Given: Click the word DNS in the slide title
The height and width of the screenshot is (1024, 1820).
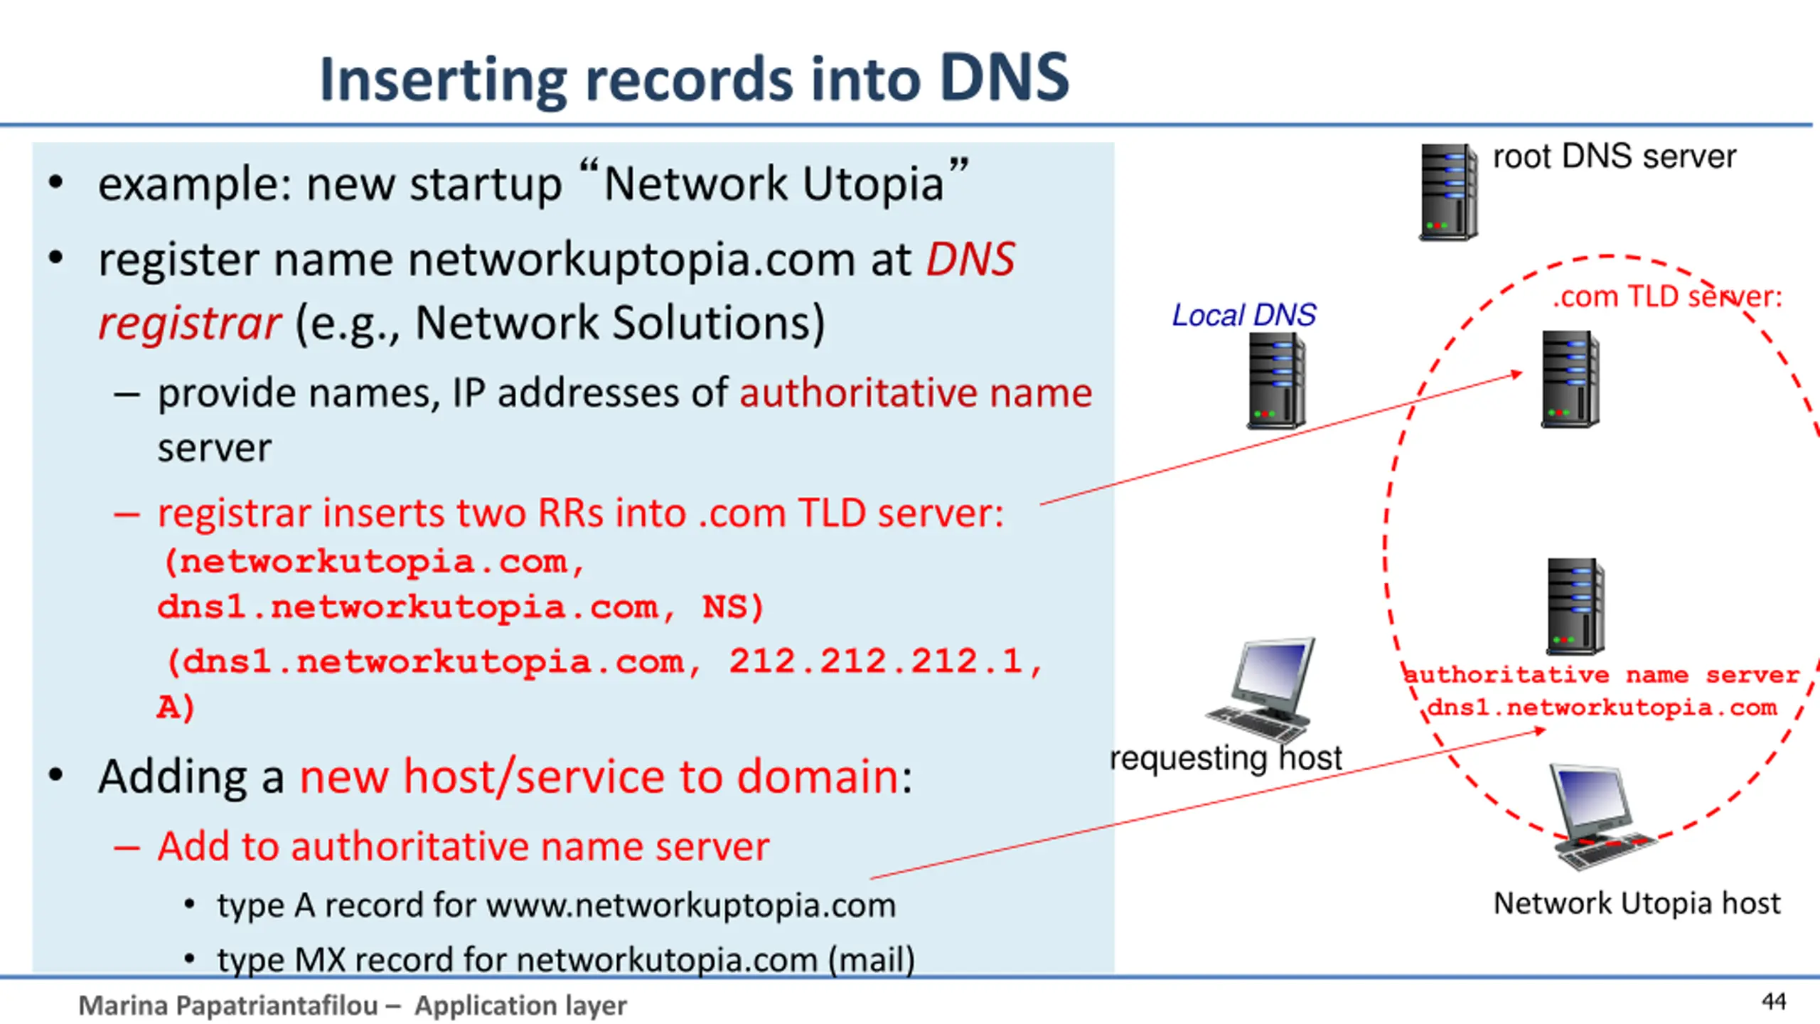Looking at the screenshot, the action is [1004, 78].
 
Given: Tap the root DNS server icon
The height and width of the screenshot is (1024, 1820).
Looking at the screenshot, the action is [1448, 192].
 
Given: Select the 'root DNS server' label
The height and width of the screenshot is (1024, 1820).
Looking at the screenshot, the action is [1614, 156].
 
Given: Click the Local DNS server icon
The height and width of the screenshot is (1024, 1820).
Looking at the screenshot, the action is [1277, 381].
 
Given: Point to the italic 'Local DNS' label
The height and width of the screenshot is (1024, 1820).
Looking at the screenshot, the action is [1244, 315].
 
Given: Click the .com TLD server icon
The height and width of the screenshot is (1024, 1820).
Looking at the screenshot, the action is [1570, 379].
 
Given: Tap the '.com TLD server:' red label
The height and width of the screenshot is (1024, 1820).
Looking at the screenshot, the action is [1667, 297].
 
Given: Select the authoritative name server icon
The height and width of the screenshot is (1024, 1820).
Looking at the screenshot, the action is [1575, 607].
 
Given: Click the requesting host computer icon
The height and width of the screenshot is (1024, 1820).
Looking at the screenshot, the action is [1260, 690].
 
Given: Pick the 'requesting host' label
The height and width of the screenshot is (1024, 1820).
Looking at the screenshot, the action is [1226, 758].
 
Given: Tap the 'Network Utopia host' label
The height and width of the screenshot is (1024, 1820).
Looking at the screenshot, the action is [1637, 904].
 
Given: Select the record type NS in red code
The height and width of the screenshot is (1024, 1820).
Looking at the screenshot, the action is [725, 607].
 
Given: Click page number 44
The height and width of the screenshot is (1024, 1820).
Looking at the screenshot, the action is [1774, 1001].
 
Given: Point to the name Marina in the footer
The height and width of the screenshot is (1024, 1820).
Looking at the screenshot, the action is [123, 1006].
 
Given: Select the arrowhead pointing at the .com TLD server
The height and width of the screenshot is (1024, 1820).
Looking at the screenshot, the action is [1516, 374].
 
